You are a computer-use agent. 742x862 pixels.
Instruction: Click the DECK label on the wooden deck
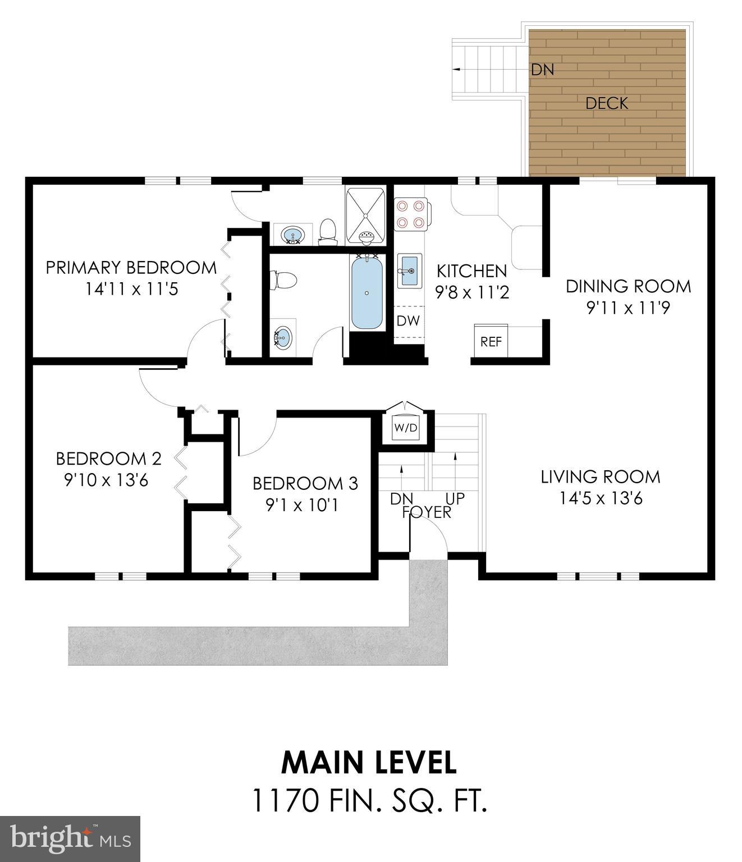pos(606,103)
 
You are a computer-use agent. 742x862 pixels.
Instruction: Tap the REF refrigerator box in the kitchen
pos(491,341)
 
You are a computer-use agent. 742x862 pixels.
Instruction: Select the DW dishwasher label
pos(408,321)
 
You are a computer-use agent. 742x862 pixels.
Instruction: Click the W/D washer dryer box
pos(406,428)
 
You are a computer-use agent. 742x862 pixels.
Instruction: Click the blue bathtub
pos(367,294)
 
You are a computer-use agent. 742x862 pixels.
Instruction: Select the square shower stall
pos(365,216)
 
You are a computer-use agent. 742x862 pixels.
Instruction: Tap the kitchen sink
pos(410,271)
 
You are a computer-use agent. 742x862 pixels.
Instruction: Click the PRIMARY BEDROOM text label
pos(131,268)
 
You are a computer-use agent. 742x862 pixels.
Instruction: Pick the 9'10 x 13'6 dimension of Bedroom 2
pos(107,480)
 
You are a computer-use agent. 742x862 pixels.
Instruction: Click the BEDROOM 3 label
pos(305,483)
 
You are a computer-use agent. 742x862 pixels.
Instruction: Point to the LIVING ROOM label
pos(600,477)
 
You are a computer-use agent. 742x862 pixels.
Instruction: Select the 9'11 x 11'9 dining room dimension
pos(628,308)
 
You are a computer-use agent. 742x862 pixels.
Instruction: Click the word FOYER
pos(427,512)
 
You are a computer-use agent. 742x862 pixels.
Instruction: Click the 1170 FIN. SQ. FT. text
pos(369,800)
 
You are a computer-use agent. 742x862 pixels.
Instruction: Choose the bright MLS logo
pos(70,839)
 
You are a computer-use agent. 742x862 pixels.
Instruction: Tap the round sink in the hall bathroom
pos(283,338)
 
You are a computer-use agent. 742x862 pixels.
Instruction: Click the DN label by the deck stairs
pos(542,70)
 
